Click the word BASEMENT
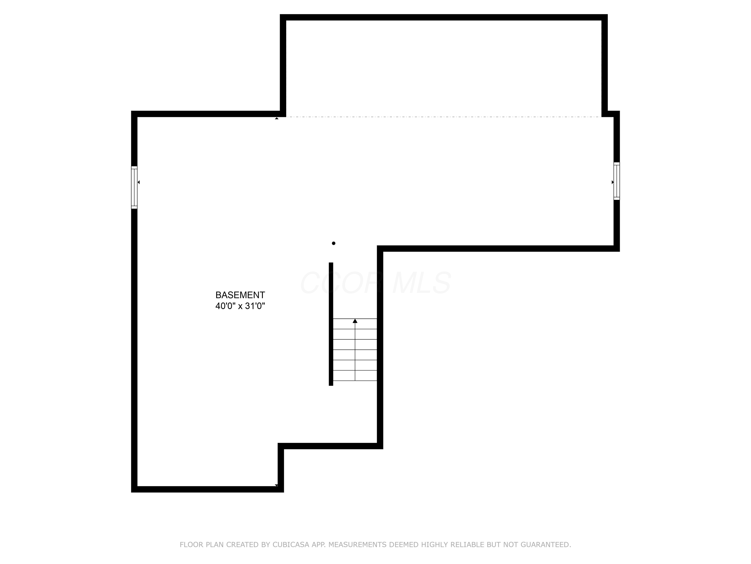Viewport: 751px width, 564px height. tap(240, 295)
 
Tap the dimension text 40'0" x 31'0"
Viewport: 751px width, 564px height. tap(240, 306)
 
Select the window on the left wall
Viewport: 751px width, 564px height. tap(134, 187)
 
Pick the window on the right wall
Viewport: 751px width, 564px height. tap(617, 181)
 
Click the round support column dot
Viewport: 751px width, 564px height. tap(334, 243)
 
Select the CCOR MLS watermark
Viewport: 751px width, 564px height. tap(375, 283)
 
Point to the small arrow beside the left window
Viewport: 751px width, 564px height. tap(138, 182)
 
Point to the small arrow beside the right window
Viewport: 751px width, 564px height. tap(613, 182)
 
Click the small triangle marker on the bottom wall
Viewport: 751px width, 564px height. tap(276, 486)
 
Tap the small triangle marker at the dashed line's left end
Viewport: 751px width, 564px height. tap(277, 118)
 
